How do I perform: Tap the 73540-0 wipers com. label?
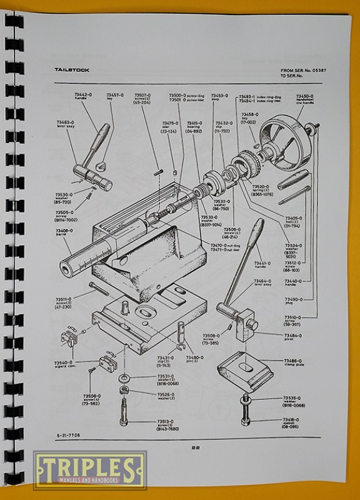[64, 364]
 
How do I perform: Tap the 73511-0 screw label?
[63, 301]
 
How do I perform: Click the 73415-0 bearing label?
[193, 125]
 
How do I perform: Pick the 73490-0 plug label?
[292, 300]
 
